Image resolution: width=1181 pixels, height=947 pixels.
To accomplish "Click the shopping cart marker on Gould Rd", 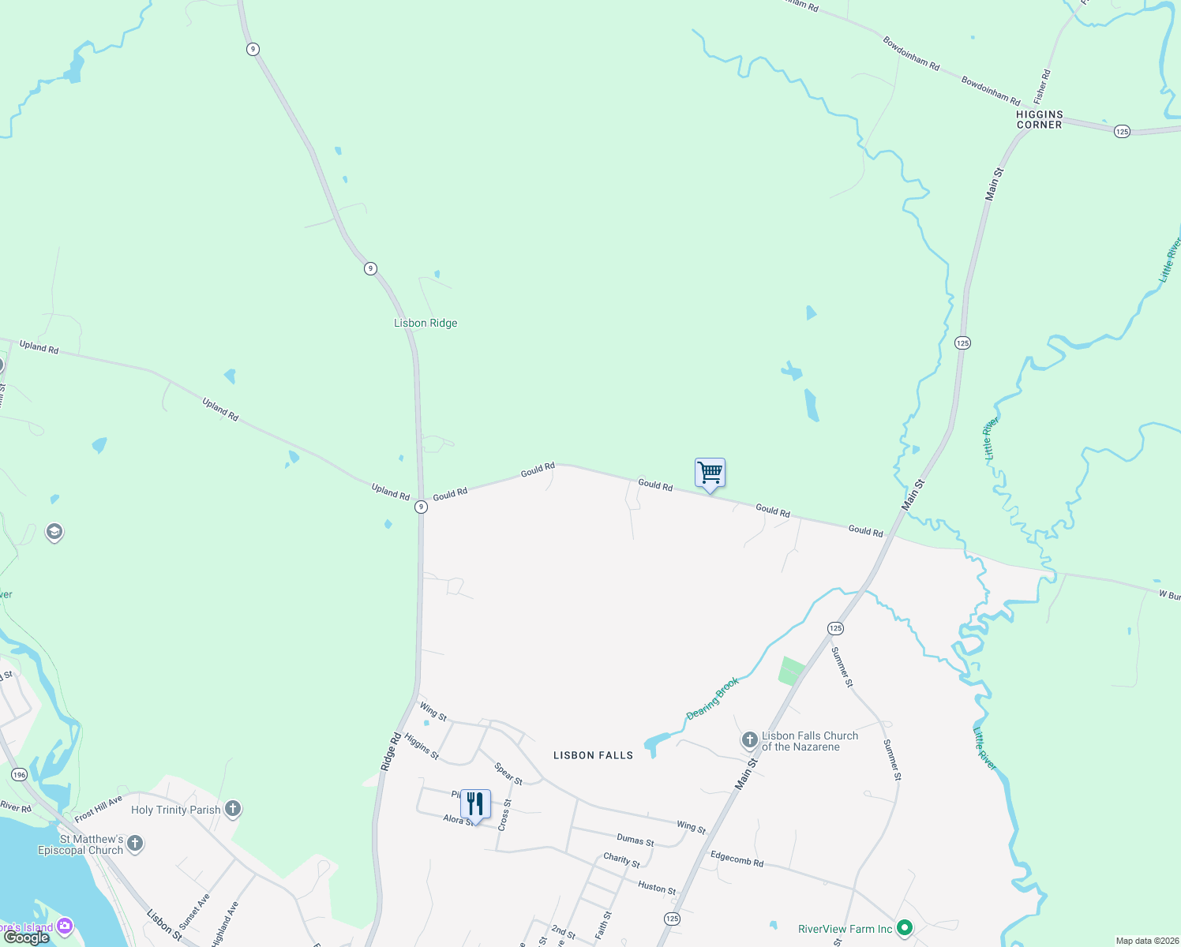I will pyautogui.click(x=710, y=473).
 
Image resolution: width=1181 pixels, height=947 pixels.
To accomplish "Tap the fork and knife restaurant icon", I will pyautogui.click(x=475, y=804).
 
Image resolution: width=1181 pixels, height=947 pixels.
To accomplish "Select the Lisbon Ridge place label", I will pyautogui.click(x=426, y=323).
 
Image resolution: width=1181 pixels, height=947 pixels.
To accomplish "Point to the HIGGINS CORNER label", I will pyautogui.click(x=1039, y=119).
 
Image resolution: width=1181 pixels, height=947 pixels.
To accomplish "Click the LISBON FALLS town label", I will pyautogui.click(x=593, y=755).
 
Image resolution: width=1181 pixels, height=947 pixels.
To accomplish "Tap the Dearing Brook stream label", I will pyautogui.click(x=713, y=698).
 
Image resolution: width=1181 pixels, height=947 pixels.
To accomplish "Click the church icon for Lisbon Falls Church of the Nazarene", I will pyautogui.click(x=749, y=740).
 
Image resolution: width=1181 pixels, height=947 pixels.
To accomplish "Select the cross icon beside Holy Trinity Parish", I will pyautogui.click(x=232, y=809).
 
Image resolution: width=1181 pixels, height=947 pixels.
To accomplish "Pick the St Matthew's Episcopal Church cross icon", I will pyautogui.click(x=135, y=844).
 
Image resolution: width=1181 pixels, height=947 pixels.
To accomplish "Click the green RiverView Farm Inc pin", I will pyautogui.click(x=905, y=928).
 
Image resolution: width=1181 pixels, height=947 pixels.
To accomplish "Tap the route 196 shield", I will pyautogui.click(x=19, y=775).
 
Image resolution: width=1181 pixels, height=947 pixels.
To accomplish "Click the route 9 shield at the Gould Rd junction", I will pyautogui.click(x=422, y=507).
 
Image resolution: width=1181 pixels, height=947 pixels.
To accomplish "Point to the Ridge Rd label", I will pyautogui.click(x=391, y=751).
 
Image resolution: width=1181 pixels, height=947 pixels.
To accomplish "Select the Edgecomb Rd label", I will pyautogui.click(x=737, y=859).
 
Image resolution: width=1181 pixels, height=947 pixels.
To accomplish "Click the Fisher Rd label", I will pyautogui.click(x=1042, y=86).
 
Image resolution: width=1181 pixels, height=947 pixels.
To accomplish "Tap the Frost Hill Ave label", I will pyautogui.click(x=99, y=809).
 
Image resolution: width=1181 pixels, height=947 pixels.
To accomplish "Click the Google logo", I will pyautogui.click(x=27, y=938).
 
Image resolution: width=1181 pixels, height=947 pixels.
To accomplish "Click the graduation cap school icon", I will pyautogui.click(x=54, y=531).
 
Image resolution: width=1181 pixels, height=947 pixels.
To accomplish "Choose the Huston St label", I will pyautogui.click(x=657, y=888).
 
